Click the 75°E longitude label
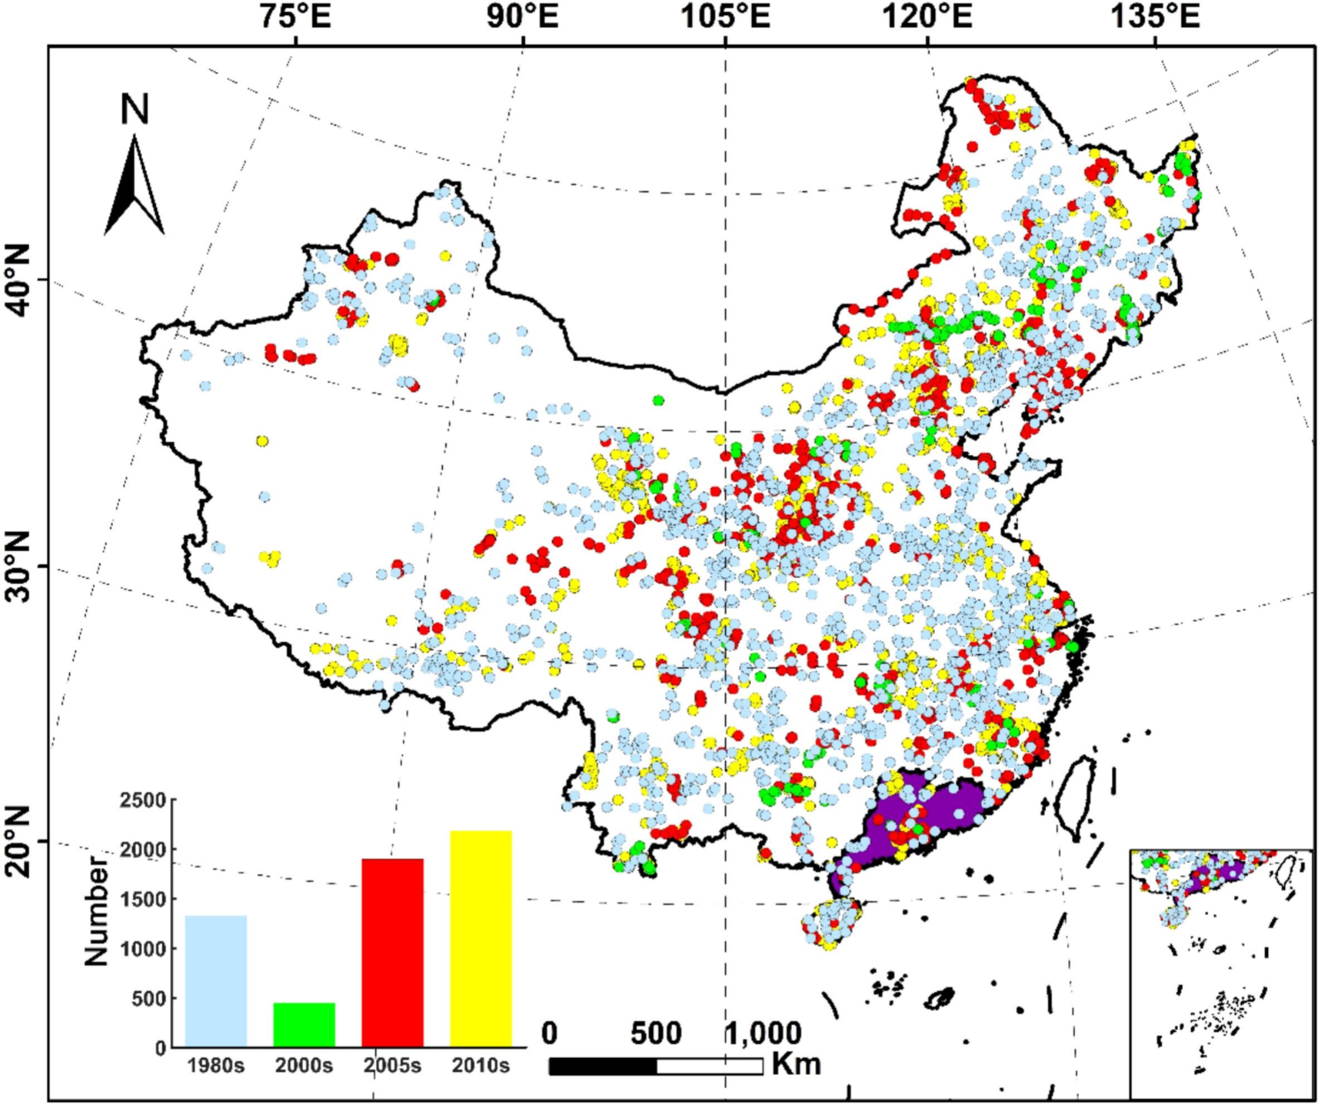(296, 17)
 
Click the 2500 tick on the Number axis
(149, 800)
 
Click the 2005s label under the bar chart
(392, 1066)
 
